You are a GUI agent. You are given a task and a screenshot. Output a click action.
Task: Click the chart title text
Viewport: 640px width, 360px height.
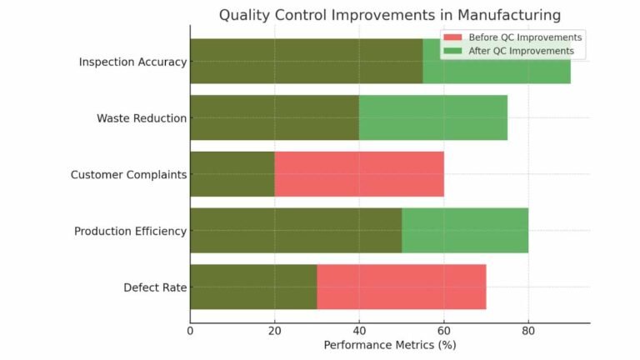click(389, 15)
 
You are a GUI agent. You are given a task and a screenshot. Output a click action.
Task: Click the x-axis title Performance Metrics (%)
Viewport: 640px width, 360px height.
click(389, 344)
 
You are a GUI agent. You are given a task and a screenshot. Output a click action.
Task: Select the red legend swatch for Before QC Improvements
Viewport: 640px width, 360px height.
click(452, 37)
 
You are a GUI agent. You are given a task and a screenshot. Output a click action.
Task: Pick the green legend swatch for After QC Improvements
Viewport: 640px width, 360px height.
click(452, 51)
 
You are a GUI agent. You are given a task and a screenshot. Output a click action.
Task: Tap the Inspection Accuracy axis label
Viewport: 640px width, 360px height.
click(132, 62)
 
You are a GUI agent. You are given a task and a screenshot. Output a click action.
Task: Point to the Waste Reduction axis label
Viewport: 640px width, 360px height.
click(142, 118)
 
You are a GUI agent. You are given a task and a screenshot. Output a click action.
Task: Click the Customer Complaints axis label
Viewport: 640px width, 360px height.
click(128, 175)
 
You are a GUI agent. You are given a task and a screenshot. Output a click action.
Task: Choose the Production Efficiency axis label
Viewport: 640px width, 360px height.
click(130, 231)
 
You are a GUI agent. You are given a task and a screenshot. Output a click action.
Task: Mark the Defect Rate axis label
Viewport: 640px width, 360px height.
click(155, 287)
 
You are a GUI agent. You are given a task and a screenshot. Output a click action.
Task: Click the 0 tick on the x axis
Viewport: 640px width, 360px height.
click(190, 331)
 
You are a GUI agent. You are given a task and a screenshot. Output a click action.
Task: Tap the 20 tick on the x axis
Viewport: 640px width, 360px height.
click(274, 331)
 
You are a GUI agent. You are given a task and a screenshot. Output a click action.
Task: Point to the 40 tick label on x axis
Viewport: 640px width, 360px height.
click(359, 331)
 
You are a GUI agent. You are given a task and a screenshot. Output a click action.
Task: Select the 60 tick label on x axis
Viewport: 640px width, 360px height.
click(443, 331)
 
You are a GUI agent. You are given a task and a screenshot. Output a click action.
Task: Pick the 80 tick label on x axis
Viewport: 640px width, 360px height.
click(527, 331)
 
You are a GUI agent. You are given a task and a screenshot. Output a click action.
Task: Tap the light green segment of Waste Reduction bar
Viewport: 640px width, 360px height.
click(432, 118)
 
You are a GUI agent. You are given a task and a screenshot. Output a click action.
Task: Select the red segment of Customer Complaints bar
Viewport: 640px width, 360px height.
click(359, 174)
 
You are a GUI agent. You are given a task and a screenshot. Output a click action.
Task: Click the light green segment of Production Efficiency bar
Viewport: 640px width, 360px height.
click(464, 231)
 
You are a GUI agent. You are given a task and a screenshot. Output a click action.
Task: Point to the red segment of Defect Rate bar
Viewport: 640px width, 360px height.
click(401, 287)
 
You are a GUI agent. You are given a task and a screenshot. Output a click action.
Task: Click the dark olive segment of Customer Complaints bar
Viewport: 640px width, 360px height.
click(232, 174)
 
